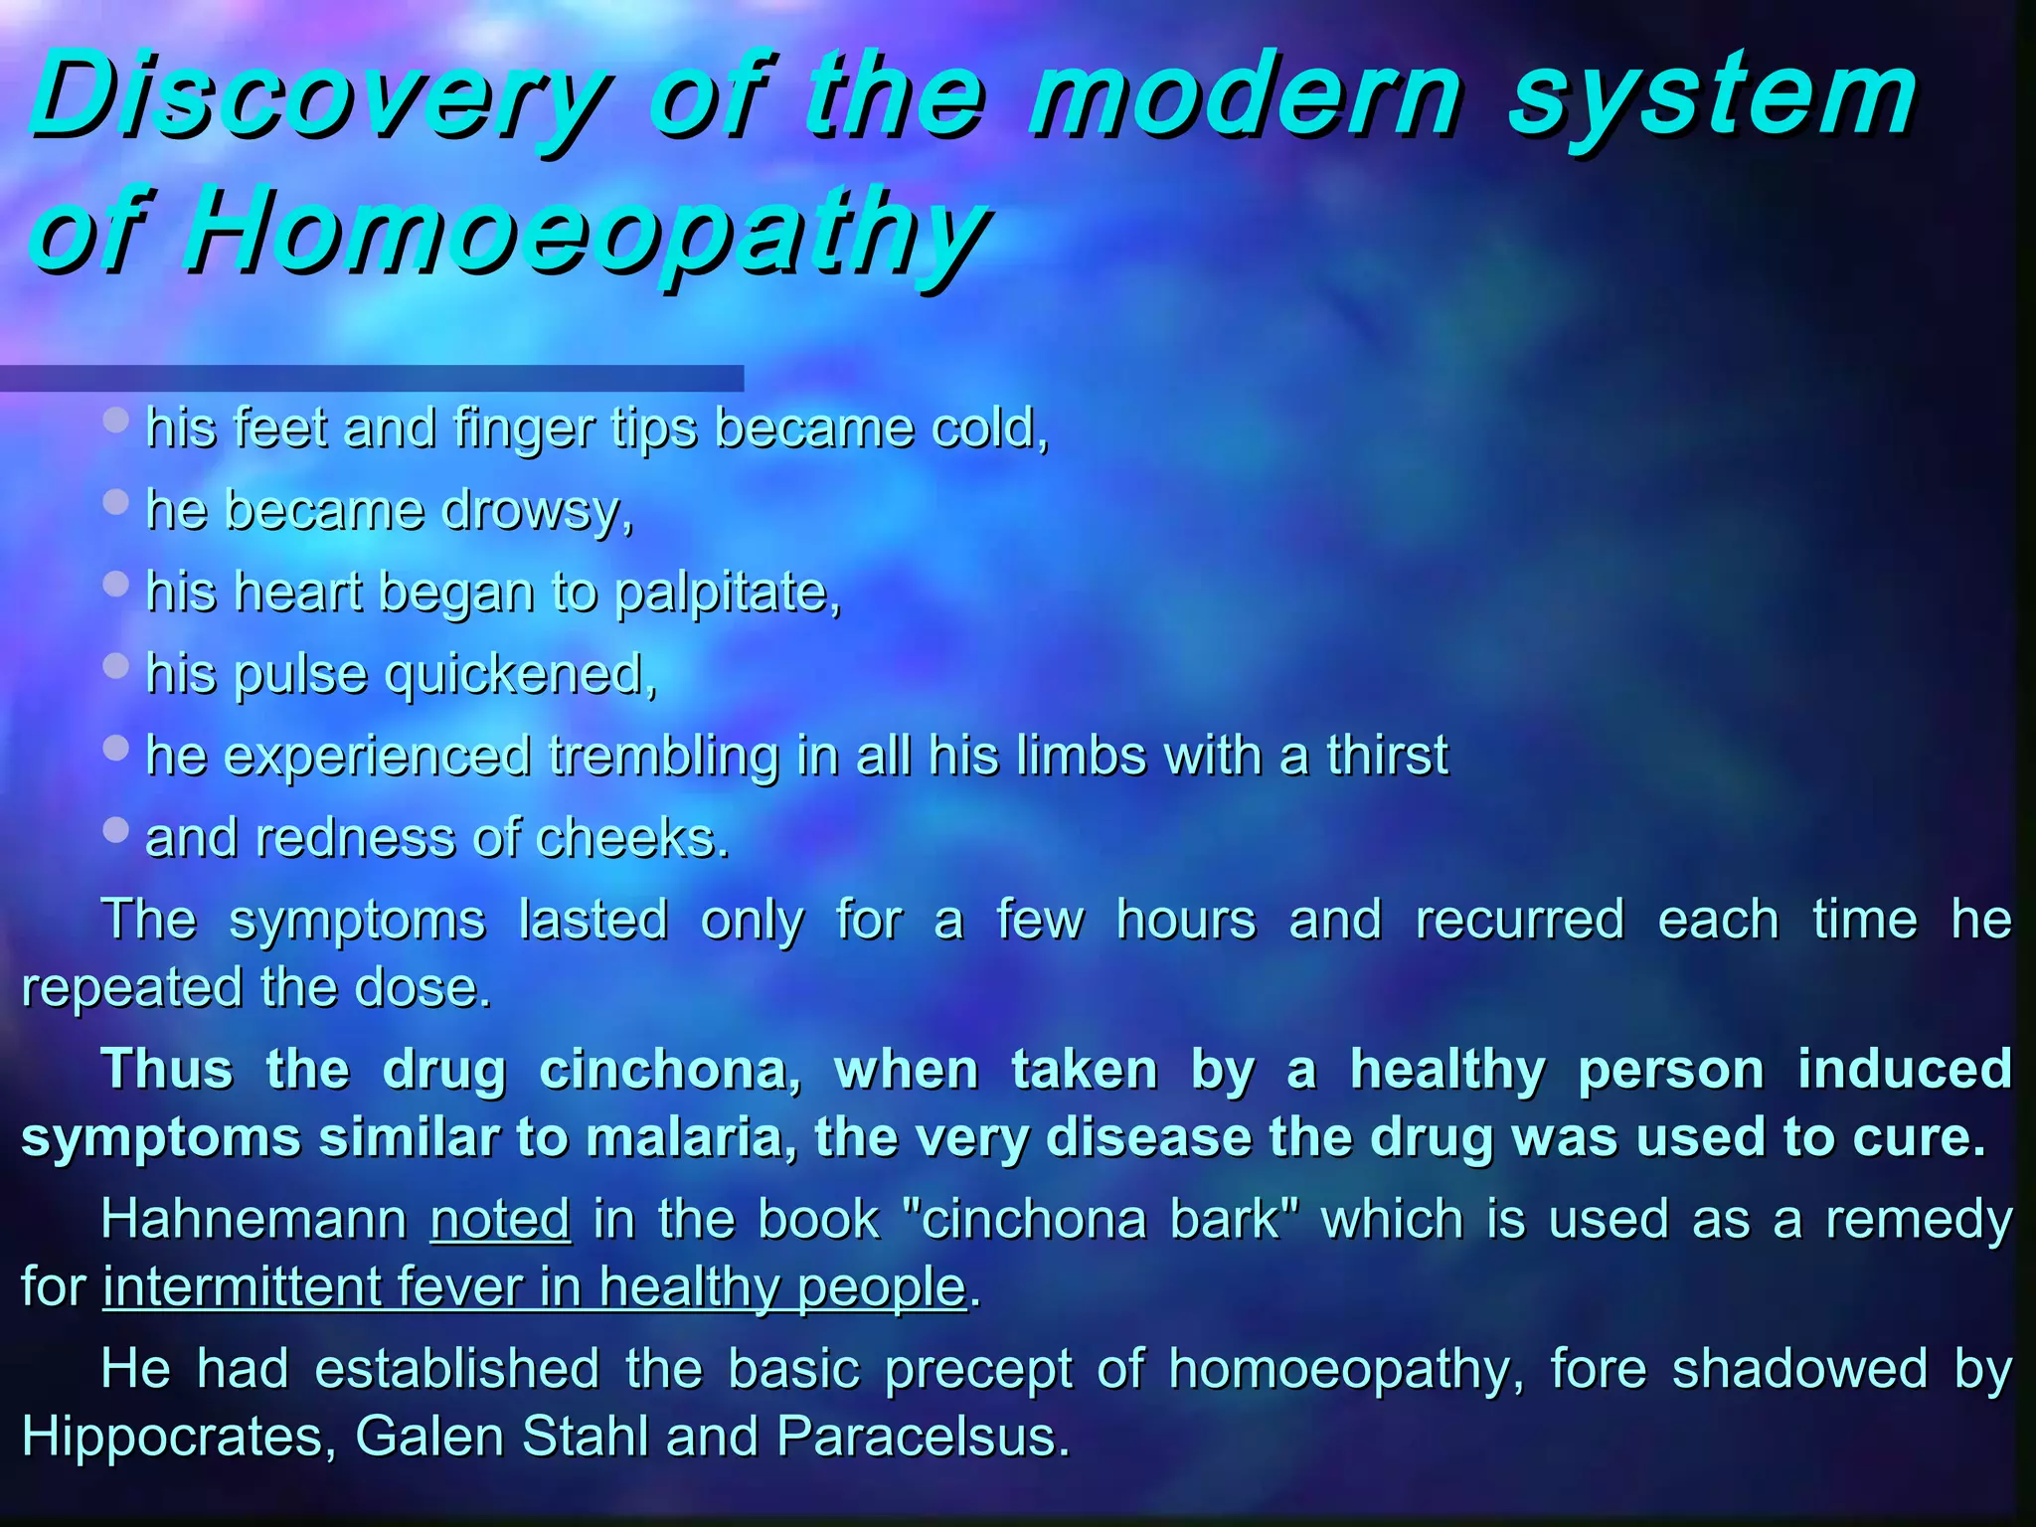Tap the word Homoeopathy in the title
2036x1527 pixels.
[x=587, y=235]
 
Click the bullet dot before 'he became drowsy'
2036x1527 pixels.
[x=116, y=501]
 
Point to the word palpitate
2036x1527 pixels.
[x=727, y=593]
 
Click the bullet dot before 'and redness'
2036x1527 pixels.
[x=116, y=829]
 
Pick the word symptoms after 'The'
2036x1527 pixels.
[x=357, y=919]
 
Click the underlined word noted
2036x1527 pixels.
[x=500, y=1220]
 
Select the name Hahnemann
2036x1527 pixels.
[x=254, y=1220]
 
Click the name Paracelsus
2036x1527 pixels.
[x=923, y=1437]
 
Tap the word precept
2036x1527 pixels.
[x=978, y=1370]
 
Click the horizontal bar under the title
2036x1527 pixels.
[x=372, y=378]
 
